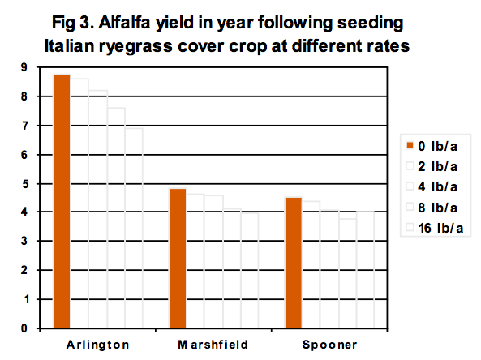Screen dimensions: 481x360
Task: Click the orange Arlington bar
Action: (62, 201)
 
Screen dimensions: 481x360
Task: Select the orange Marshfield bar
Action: (178, 259)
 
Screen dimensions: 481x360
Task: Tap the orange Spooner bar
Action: (294, 263)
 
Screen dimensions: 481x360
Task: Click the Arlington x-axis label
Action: (97, 345)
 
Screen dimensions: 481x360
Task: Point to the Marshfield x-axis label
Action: (213, 345)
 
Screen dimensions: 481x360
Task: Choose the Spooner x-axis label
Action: (330, 345)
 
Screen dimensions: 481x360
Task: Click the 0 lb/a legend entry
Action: (432, 146)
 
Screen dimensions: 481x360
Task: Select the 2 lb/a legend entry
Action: (432, 166)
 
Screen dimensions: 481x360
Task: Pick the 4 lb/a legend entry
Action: (432, 186)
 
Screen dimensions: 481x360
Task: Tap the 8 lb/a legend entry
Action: (432, 208)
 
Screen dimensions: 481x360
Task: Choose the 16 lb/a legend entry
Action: (435, 228)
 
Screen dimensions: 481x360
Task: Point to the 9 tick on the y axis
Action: (24, 67)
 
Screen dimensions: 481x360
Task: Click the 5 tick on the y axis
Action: (24, 184)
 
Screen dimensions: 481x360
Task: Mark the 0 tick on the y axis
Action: (24, 328)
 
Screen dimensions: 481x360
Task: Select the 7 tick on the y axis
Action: (24, 126)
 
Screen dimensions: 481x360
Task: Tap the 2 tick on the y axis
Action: (24, 270)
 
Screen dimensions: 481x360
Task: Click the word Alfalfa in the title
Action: (125, 23)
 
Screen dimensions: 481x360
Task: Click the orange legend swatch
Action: (410, 145)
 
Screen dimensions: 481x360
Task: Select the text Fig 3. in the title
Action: (73, 24)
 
